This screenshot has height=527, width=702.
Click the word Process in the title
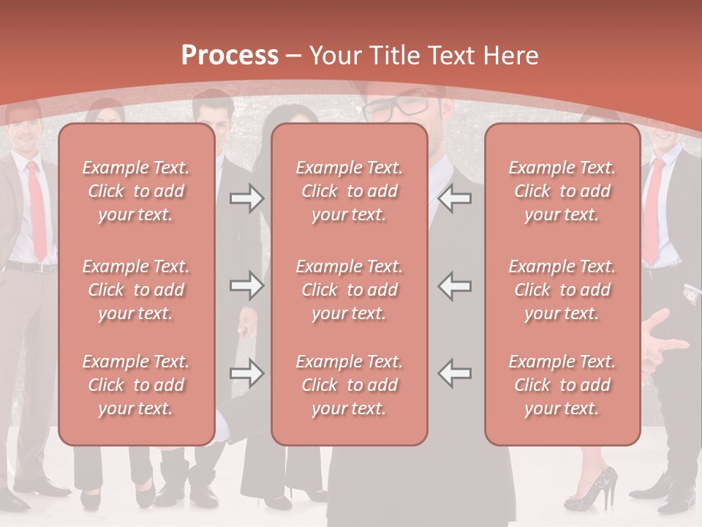tap(230, 56)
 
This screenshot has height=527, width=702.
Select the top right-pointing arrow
tap(246, 198)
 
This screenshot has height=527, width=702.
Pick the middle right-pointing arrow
tap(246, 285)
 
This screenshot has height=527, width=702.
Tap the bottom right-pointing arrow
tap(246, 373)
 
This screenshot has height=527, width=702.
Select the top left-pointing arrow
tap(455, 198)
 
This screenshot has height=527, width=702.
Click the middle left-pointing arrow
tap(455, 285)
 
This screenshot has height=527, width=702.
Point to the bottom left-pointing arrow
tap(455, 373)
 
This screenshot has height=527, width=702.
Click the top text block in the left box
tap(136, 191)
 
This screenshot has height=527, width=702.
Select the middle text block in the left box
tap(136, 290)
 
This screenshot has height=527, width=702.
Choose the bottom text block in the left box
tap(136, 385)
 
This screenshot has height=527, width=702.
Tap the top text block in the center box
tap(349, 191)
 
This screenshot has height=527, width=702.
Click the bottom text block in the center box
tap(349, 385)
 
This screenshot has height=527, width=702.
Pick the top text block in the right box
tap(562, 191)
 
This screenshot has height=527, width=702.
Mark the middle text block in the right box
tap(562, 290)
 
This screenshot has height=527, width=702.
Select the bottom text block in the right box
tap(562, 385)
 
